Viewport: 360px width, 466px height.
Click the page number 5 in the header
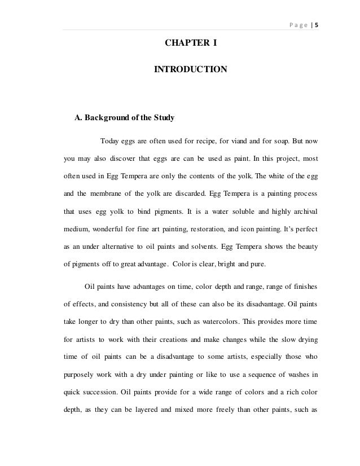317,24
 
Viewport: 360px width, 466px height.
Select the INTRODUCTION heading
191,70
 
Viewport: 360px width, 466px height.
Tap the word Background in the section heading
109,118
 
